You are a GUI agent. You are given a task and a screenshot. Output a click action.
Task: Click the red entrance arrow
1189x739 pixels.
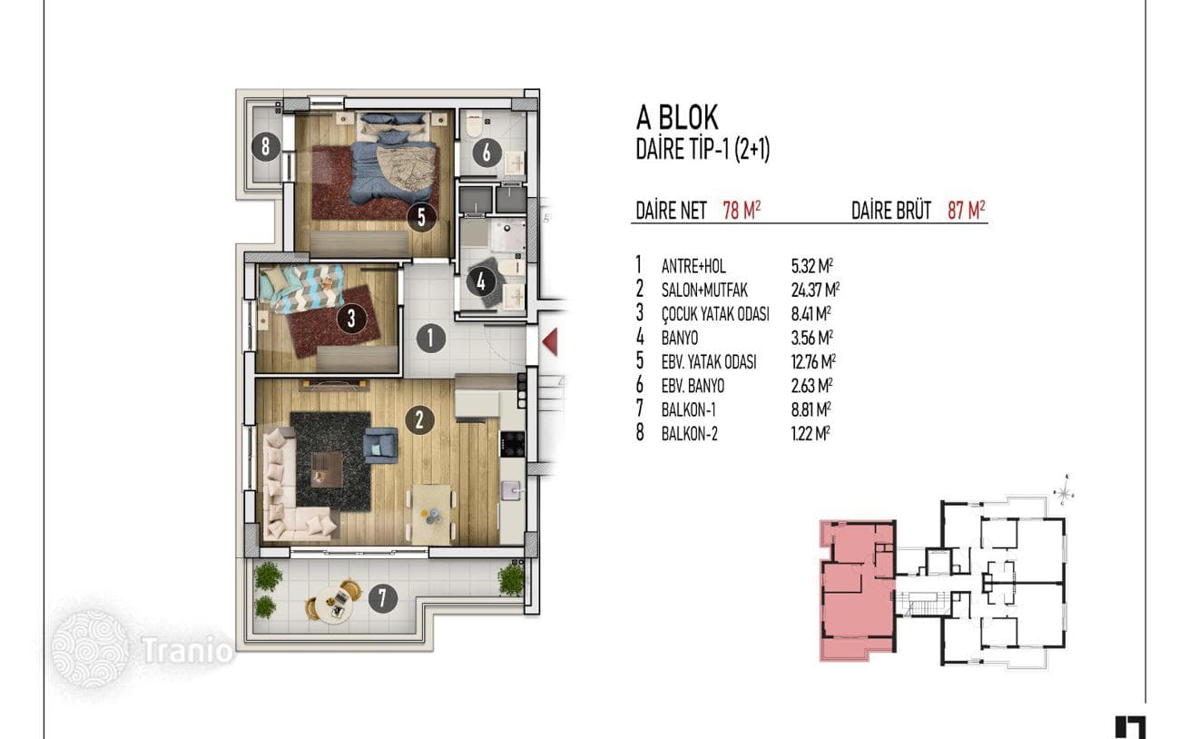pos(550,341)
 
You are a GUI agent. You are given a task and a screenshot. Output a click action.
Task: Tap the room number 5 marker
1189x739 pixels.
pos(421,217)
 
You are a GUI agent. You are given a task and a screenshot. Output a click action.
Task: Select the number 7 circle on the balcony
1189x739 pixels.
pos(383,598)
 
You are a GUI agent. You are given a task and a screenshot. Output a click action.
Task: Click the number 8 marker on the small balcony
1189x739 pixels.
pos(266,146)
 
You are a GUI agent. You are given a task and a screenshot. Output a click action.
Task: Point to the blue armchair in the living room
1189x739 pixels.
pos(380,445)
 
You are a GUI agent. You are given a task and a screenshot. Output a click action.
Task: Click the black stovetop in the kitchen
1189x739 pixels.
pos(512,444)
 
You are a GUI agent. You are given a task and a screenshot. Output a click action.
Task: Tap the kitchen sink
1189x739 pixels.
pos(511,490)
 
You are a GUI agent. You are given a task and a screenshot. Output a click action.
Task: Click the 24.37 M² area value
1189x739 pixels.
pos(815,290)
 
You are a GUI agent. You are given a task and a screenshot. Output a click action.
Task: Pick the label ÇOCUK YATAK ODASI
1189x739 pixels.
pos(715,314)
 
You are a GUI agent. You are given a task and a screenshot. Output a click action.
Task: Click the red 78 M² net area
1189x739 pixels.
pos(742,211)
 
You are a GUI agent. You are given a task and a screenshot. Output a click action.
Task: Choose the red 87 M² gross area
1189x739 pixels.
pos(967,211)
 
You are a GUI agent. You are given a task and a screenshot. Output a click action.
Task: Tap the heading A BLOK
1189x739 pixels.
pos(677,118)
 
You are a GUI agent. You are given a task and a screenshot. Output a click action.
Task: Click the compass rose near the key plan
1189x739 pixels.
pos(1064,491)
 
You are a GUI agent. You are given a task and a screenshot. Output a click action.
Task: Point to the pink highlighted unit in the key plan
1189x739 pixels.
pos(857,588)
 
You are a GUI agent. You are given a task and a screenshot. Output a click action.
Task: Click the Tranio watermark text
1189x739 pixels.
pos(187,650)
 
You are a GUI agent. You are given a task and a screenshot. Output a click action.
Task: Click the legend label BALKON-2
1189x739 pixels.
pos(689,434)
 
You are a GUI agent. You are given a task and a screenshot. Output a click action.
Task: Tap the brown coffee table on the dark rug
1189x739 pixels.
pos(327,468)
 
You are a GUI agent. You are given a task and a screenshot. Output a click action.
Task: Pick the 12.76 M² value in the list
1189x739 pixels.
pos(813,362)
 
